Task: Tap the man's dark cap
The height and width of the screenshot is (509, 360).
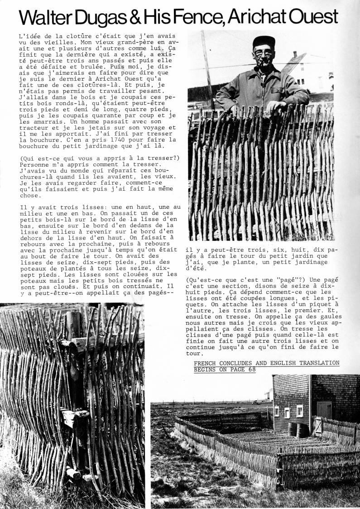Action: (x=264, y=42)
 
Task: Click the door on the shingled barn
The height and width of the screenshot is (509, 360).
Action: (x=324, y=410)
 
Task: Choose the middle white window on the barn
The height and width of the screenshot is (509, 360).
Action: (x=287, y=412)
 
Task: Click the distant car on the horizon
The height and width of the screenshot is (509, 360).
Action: (x=255, y=402)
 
